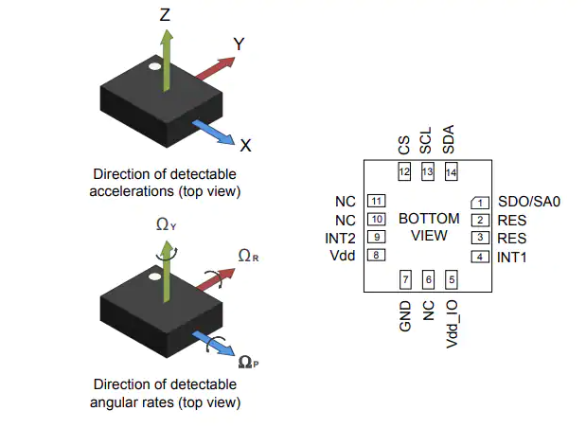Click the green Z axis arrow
(x=167, y=59)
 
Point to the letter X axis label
(x=245, y=146)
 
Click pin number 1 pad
(x=480, y=202)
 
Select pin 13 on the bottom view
(x=427, y=172)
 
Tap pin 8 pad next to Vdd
(x=376, y=255)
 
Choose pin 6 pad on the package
(x=428, y=278)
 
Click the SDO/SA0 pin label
(x=530, y=202)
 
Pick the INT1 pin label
(x=512, y=257)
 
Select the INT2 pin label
(x=341, y=238)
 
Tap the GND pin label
(x=405, y=315)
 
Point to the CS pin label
(x=404, y=144)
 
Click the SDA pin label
(x=449, y=140)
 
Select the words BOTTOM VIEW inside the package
(x=428, y=227)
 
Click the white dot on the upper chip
(x=152, y=67)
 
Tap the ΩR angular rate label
(x=249, y=256)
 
